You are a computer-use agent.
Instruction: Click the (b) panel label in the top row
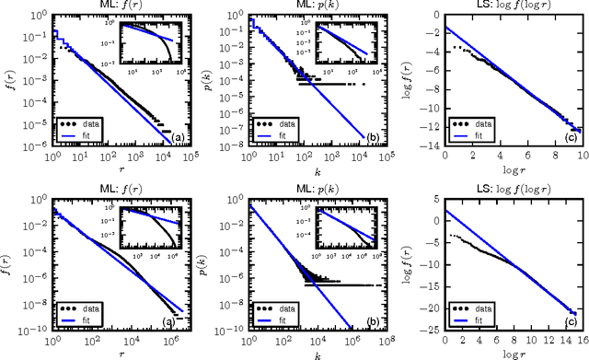[x=369, y=136]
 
